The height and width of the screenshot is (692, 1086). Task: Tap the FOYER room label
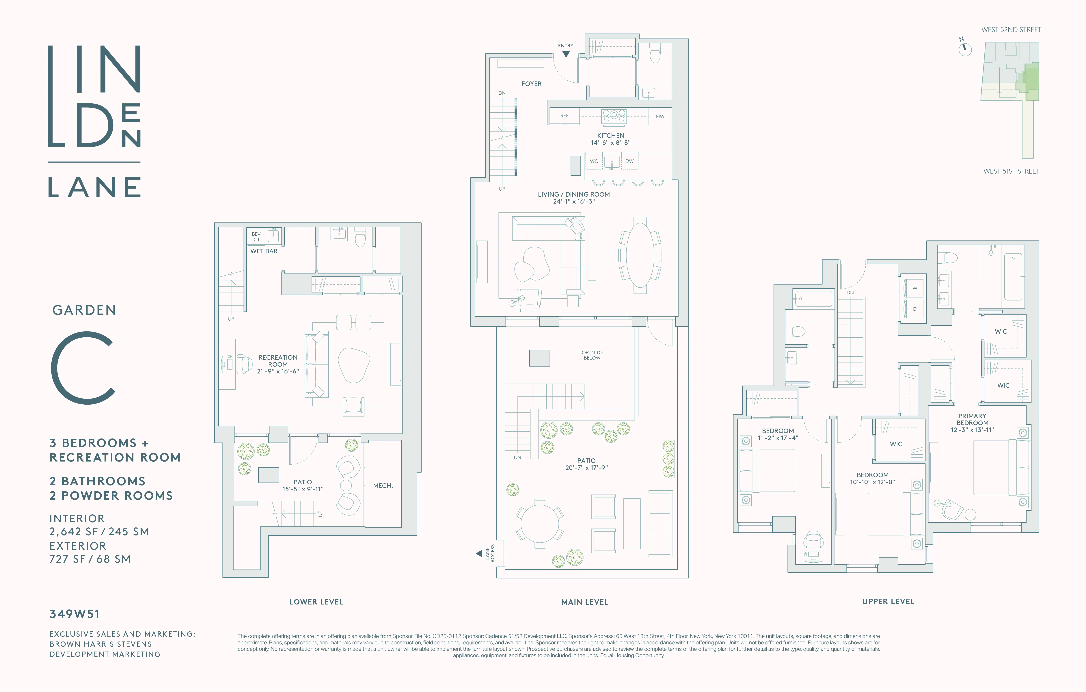531,84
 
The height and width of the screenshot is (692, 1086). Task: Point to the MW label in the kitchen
660,116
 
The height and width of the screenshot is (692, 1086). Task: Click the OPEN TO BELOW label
592,355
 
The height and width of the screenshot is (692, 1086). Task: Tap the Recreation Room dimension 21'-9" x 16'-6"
278,371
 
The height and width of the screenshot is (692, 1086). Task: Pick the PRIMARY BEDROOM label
972,420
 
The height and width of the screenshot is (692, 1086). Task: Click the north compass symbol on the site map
965,48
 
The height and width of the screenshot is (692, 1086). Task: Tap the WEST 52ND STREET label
1011,30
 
